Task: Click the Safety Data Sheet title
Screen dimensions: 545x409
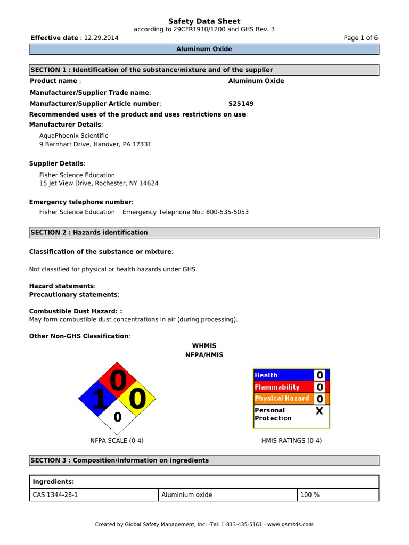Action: point(204,21)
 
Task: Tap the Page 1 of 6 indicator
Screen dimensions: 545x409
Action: point(361,38)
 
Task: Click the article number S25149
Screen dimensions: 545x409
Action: point(241,104)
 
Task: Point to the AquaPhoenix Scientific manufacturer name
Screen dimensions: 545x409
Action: point(73,136)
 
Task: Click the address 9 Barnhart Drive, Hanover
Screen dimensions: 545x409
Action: point(95,144)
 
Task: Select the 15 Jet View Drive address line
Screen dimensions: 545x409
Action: point(99,183)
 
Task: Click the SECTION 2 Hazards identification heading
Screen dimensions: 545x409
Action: point(89,233)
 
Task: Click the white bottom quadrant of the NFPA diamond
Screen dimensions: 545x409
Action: point(117,418)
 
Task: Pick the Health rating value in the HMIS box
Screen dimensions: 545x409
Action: point(320,375)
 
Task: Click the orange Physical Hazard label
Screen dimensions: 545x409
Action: point(282,398)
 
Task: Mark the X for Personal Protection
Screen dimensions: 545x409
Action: point(319,411)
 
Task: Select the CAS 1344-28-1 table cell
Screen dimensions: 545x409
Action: point(94,495)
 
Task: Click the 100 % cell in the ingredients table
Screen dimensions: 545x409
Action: point(338,495)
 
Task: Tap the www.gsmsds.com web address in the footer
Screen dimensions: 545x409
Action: point(291,524)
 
